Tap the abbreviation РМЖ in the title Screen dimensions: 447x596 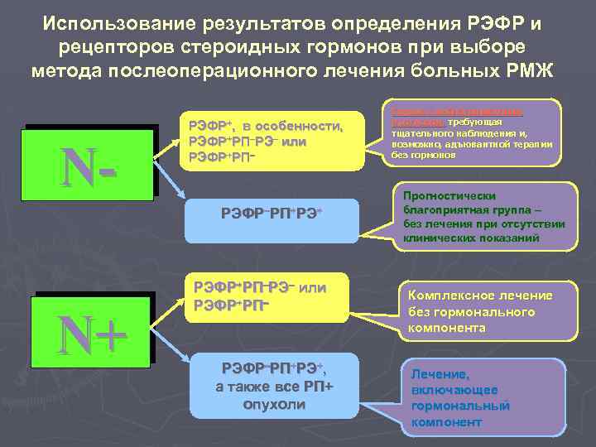[x=535, y=67]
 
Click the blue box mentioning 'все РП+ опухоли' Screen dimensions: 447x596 [x=262, y=386]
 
